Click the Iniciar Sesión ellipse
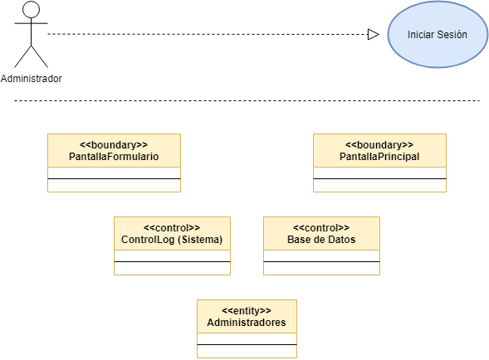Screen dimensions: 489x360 click(438, 34)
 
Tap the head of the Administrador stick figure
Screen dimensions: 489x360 click(32, 9)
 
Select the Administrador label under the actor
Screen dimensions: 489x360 click(32, 79)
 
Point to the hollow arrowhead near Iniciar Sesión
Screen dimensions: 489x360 click(374, 34)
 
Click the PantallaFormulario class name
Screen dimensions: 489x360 click(114, 157)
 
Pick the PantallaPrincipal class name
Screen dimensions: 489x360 click(379, 157)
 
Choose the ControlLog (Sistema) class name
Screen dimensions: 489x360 click(172, 240)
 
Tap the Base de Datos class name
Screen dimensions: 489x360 click(321, 240)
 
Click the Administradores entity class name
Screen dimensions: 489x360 click(247, 323)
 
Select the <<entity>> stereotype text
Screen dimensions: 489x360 click(247, 311)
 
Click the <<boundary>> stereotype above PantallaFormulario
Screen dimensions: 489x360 click(114, 145)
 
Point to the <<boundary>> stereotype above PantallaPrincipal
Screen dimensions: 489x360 click(379, 145)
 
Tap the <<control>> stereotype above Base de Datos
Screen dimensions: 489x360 click(321, 228)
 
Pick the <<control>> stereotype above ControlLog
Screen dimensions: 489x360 click(172, 228)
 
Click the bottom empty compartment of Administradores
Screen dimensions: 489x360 click(247, 351)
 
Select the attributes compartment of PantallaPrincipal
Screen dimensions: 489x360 click(379, 173)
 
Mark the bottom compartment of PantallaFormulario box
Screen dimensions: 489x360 click(114, 186)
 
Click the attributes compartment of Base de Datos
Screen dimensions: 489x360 click(321, 255)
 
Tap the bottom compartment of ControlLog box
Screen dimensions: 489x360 click(172, 269)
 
